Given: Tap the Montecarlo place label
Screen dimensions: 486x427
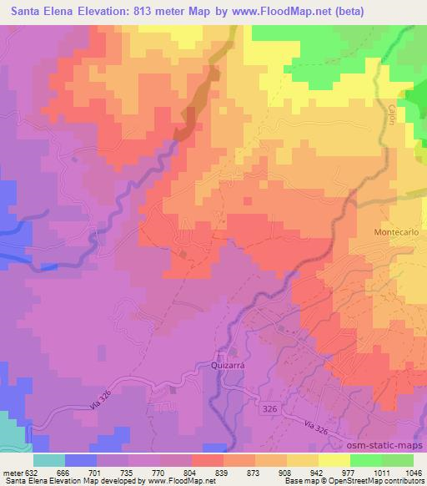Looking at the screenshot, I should pos(393,231).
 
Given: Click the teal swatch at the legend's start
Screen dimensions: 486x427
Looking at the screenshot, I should pos(49,459).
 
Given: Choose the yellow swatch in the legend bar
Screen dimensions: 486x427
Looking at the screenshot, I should pos(334,459).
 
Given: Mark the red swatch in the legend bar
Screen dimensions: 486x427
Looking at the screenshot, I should pos(208,459).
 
